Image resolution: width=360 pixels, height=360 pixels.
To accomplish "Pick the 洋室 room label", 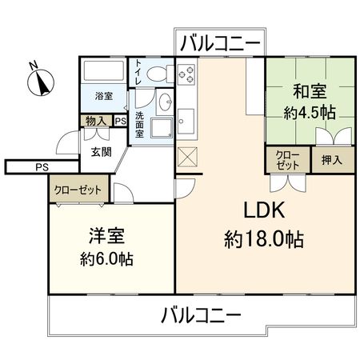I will (x=106, y=237).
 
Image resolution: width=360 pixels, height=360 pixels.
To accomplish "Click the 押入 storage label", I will (x=331, y=159).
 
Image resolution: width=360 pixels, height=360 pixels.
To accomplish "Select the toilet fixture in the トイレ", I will (x=158, y=75).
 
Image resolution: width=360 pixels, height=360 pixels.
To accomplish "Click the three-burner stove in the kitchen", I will (x=187, y=77).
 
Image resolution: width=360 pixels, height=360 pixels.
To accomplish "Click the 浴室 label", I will (x=103, y=96).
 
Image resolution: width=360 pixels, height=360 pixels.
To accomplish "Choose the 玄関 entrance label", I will (x=100, y=152).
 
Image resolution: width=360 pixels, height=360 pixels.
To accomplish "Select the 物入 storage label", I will (x=94, y=122).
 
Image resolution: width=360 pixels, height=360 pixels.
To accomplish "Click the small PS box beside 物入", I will (x=120, y=122).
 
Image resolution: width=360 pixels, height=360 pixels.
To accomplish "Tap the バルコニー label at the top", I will (x=219, y=42).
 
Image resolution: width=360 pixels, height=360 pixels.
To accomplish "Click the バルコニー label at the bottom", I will (x=199, y=314).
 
